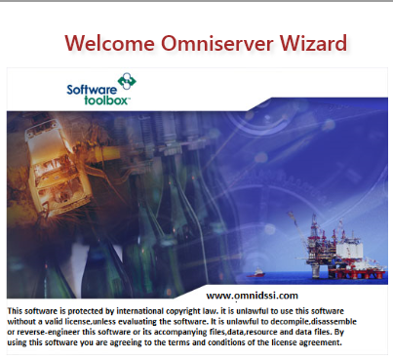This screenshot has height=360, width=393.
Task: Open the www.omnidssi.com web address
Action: (252, 294)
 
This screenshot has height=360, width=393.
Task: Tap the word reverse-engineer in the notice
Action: (58, 332)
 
